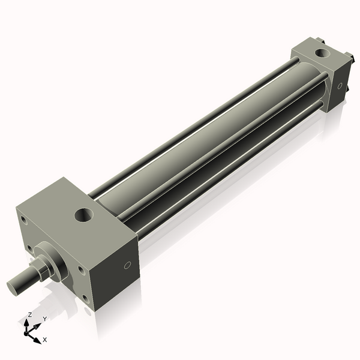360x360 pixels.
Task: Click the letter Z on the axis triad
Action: pos(29,314)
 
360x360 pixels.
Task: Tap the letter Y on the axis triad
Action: pos(45,319)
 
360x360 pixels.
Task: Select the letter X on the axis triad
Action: pos(45,340)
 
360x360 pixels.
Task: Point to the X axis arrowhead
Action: pos(37,340)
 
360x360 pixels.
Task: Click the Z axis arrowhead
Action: pos(27,323)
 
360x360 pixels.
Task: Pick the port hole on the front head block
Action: pos(84,215)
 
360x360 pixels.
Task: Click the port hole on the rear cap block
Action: pos(323,53)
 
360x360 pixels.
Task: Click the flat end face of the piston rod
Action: pos(12,288)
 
